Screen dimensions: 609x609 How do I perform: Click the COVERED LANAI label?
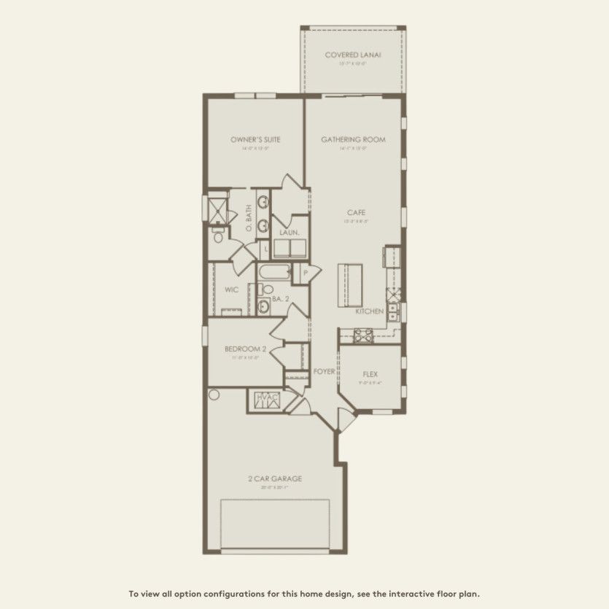pos(353,55)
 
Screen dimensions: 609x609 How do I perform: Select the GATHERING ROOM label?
pos(353,139)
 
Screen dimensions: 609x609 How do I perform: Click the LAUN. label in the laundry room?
pos(287,233)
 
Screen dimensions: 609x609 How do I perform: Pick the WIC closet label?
pos(232,290)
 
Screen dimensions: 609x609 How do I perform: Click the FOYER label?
pos(324,371)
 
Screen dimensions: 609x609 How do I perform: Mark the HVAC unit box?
pos(263,398)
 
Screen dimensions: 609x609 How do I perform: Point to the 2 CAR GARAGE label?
pos(274,479)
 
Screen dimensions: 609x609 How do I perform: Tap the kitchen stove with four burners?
pos(363,335)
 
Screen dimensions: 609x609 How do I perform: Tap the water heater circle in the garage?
pos(214,395)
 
